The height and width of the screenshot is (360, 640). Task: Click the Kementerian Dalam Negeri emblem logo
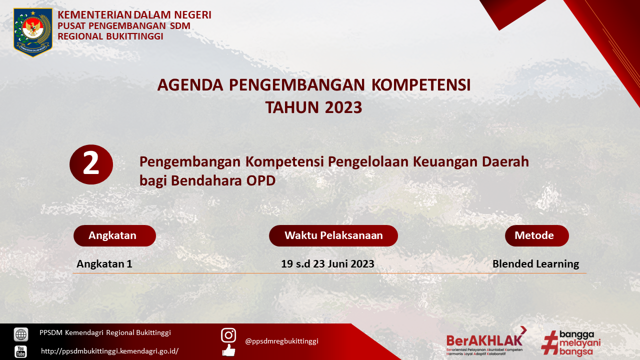pos(33,32)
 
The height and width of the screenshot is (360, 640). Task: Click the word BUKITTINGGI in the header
pos(134,36)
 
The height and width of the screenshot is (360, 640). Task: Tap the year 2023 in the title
pos(343,107)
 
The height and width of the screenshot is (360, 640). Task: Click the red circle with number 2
pos(91,164)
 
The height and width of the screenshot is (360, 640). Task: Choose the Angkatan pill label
pos(114,235)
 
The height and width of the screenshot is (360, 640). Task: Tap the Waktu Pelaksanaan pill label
pos(333,235)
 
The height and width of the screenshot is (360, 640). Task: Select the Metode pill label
pos(537,235)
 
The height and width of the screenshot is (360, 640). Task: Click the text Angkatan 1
pos(104,263)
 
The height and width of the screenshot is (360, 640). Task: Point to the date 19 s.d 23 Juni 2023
pos(327,263)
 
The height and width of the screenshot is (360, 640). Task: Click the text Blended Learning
pos(535,263)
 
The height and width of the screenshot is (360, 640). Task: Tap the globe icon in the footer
pos(21,334)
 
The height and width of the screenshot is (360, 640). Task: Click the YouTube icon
pos(20,351)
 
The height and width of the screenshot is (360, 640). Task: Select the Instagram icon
pos(228,335)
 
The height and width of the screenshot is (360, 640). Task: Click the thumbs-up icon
pos(229,350)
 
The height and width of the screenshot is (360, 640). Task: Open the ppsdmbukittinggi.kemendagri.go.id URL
pos(110,351)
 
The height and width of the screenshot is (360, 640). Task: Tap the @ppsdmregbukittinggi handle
pos(281,341)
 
